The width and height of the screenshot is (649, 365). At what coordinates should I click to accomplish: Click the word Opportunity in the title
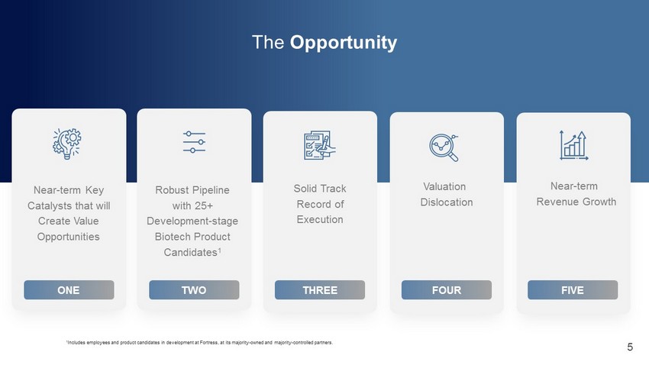click(343, 43)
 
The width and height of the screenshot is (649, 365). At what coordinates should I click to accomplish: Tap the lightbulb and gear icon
click(67, 144)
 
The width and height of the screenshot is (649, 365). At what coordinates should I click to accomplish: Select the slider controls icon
click(194, 142)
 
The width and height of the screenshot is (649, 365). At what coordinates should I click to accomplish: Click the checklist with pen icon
click(319, 145)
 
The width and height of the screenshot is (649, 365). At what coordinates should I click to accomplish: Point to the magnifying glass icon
click(444, 147)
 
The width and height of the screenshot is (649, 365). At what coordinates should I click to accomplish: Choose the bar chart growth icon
click(573, 145)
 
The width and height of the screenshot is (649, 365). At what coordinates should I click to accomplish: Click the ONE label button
click(69, 289)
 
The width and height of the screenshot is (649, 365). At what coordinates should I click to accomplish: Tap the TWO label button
click(194, 289)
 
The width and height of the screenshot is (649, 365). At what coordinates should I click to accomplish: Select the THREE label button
click(320, 289)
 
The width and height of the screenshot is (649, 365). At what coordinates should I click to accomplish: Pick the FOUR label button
click(447, 289)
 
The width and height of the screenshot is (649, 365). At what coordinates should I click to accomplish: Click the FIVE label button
click(573, 289)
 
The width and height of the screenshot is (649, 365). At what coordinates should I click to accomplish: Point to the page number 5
click(630, 347)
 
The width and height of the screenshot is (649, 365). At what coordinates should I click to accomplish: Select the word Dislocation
click(447, 202)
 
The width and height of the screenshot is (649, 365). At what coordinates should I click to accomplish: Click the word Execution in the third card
click(320, 219)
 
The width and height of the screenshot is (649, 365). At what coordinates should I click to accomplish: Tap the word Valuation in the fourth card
click(444, 186)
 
